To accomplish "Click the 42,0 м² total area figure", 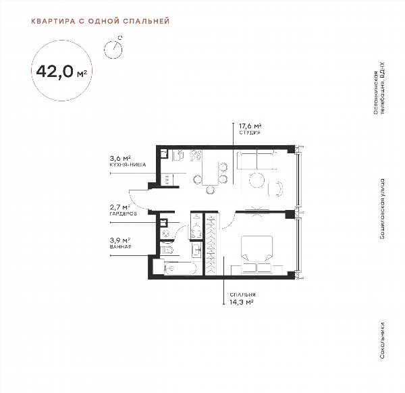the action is pos(61,72).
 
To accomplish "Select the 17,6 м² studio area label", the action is pos(250,126).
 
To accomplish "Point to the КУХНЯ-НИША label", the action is pos(128,165).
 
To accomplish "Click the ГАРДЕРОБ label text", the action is pos(124,213).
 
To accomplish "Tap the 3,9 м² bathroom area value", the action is pos(120,240).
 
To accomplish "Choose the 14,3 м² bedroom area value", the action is pos(241,302).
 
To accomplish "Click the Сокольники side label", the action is pos(382,340).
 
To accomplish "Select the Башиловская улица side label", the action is pos(382,209).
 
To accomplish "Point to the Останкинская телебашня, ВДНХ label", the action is pos(379,88).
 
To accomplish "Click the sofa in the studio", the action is pos(257,161).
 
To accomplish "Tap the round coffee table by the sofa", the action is pos(256,180).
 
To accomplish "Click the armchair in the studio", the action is pos(275,188).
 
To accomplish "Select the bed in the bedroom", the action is pos(256,254).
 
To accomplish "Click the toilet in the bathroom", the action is pos(167,250).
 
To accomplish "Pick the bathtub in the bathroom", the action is pos(180,268).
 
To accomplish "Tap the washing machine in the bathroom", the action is pos(165,234).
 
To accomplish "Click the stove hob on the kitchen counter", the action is pos(196,155).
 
